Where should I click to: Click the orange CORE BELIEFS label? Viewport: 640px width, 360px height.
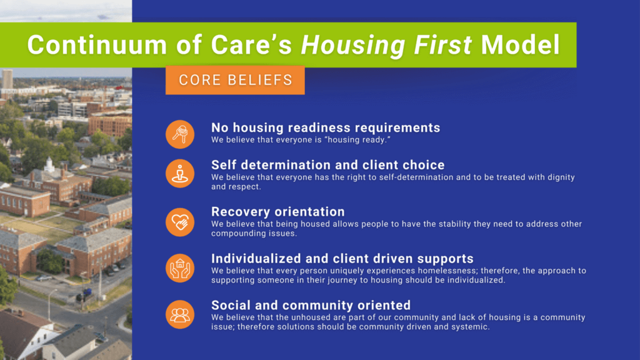235,80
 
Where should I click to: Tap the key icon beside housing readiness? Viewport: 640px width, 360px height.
180,134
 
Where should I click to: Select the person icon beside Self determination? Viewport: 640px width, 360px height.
180,174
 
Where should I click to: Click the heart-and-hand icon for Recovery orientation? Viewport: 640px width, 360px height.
180,222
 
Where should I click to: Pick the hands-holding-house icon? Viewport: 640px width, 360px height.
180,268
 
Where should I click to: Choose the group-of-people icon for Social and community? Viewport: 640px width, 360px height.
180,315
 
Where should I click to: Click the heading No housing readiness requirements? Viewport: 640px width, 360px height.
326,127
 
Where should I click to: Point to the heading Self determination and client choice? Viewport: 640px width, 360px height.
327,165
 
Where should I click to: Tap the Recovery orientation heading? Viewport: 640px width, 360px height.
278,211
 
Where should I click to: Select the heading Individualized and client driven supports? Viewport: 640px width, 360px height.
342,258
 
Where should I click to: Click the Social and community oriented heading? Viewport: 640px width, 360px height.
311,305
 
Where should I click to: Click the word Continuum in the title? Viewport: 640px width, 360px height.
97,44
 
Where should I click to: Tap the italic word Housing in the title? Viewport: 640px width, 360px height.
353,45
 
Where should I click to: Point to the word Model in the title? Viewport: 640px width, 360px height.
521,44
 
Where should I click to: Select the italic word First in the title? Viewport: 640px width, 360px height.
443,44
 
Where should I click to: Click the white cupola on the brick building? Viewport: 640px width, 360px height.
49,164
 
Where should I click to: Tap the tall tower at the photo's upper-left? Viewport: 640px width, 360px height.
7,79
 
